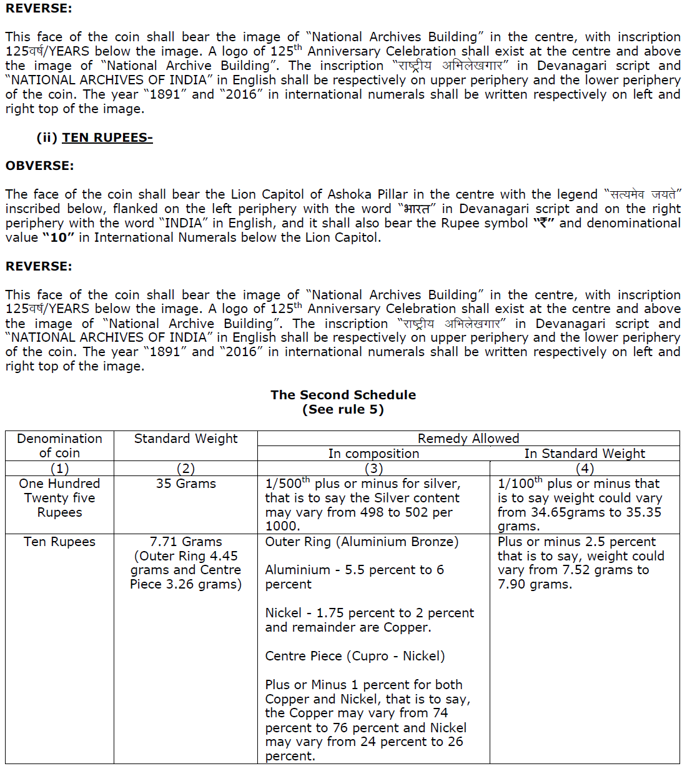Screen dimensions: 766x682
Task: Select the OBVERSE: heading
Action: click(39, 166)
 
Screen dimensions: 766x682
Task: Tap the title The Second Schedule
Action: click(343, 395)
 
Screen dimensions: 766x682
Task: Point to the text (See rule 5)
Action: click(343, 410)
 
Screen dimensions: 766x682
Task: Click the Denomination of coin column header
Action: click(59, 445)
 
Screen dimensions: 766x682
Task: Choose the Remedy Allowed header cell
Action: click(468, 439)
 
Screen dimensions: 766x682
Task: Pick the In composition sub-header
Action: click(373, 454)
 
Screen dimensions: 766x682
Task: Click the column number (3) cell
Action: click(373, 469)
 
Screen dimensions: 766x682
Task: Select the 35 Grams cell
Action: click(185, 484)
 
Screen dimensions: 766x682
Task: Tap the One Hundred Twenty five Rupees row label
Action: click(59, 498)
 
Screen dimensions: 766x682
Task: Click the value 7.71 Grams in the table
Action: click(185, 542)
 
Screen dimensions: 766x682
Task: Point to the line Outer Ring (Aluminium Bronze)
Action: click(362, 542)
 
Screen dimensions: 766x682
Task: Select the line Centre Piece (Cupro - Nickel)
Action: click(355, 656)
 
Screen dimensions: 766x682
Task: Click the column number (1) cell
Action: click(59, 469)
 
